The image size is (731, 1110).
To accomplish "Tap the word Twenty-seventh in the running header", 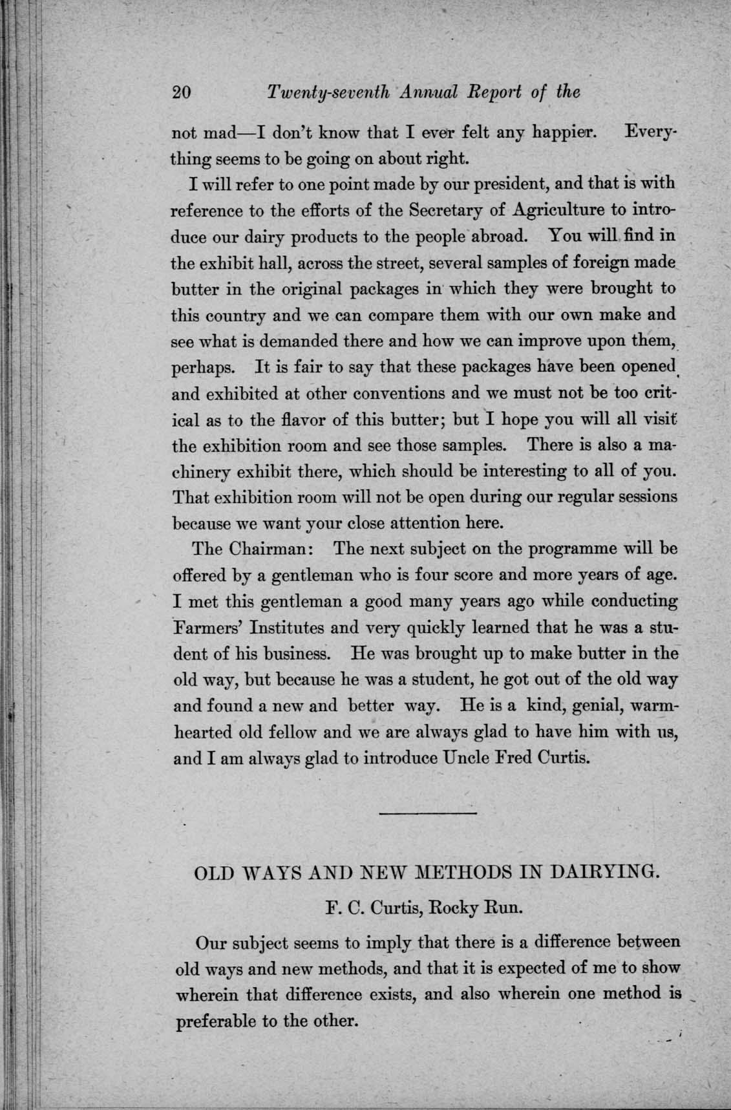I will click(x=327, y=92).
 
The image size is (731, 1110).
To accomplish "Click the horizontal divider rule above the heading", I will click(x=427, y=813).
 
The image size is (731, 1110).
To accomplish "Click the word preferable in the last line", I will click(x=215, y=1022).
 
